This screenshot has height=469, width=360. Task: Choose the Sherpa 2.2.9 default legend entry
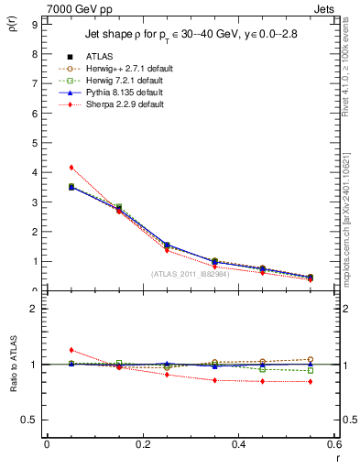click(117, 104)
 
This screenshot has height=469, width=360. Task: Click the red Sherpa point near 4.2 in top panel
click(71, 167)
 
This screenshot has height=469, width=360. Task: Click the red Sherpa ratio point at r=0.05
click(71, 350)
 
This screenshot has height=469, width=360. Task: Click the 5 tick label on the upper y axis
click(34, 143)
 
